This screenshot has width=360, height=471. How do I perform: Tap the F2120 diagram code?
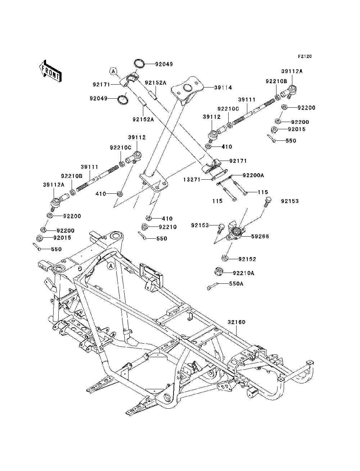(x=305, y=57)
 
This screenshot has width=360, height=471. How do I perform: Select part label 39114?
(x=223, y=88)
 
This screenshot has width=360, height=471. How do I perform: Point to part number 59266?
(x=260, y=236)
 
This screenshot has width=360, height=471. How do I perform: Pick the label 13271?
(x=192, y=179)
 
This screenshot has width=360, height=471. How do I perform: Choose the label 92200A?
(x=253, y=175)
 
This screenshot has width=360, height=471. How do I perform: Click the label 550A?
(x=236, y=284)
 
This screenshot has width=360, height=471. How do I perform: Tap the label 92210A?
(x=243, y=273)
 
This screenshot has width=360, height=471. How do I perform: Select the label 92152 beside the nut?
(x=247, y=259)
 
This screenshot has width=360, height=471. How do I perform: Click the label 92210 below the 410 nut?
(x=168, y=227)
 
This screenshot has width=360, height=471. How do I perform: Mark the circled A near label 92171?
(x=113, y=71)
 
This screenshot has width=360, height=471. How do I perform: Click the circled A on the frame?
(x=111, y=266)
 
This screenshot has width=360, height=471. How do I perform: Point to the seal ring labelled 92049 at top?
(x=139, y=64)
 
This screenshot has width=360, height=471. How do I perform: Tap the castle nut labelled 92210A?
(x=219, y=272)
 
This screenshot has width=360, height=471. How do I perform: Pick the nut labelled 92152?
(x=225, y=258)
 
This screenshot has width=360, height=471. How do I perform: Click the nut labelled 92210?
(x=145, y=226)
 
